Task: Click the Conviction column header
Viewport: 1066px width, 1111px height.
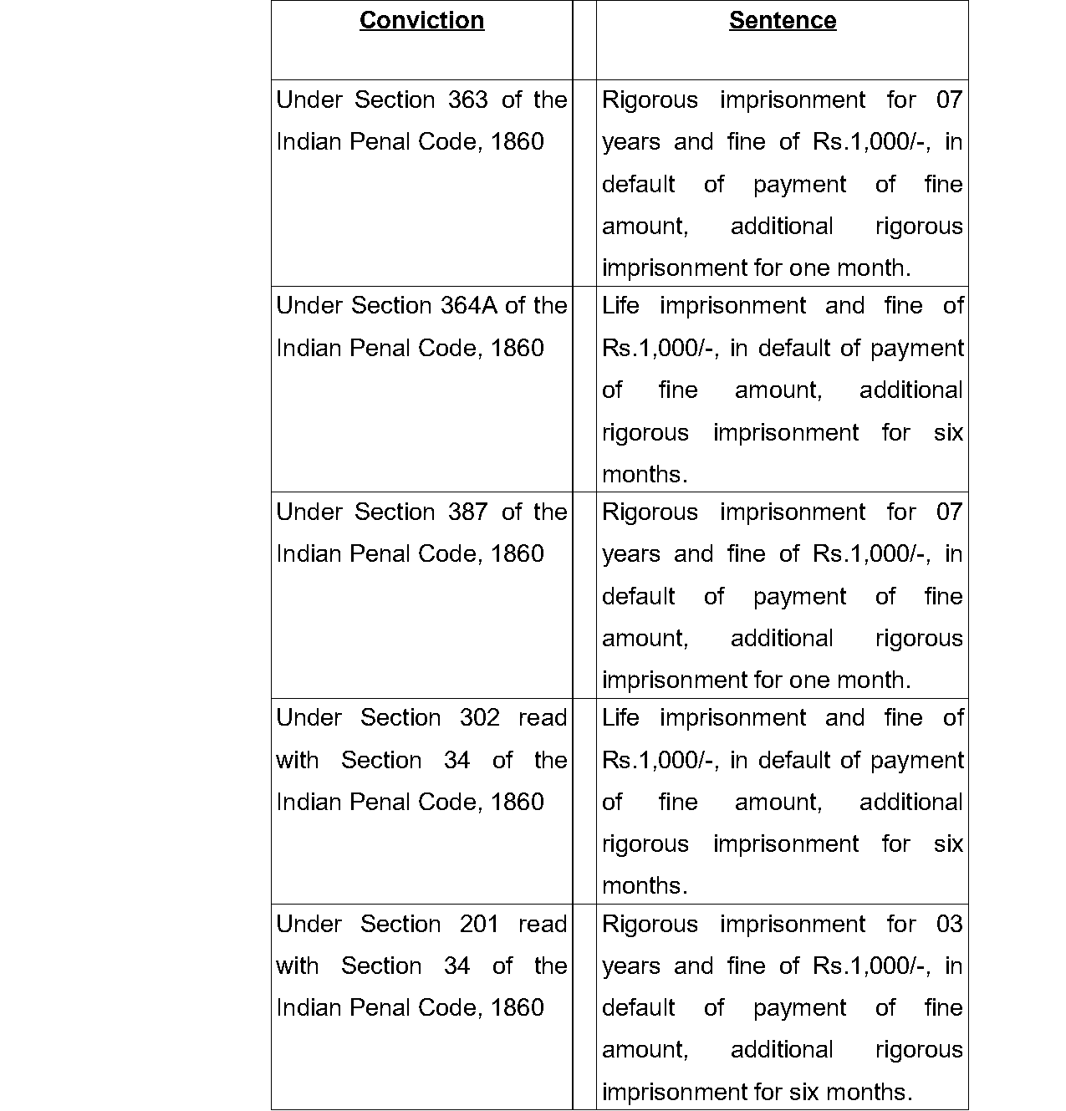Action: [x=421, y=21]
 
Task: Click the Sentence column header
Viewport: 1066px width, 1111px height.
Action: [x=782, y=21]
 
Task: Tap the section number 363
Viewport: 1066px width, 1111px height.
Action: [x=467, y=100]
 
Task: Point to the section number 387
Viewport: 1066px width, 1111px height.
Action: [x=467, y=512]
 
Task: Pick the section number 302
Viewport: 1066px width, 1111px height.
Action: [x=479, y=718]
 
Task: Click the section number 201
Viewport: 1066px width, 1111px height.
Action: [x=479, y=925]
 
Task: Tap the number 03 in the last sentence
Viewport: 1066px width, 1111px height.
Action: [x=949, y=925]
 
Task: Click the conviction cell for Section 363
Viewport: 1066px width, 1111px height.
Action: [x=421, y=182]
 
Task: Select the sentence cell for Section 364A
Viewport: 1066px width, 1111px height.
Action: [x=782, y=389]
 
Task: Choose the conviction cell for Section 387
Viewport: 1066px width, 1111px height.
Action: [x=421, y=594]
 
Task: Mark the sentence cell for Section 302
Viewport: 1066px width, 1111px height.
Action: [x=782, y=801]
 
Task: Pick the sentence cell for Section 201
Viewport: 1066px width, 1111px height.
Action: [x=782, y=1007]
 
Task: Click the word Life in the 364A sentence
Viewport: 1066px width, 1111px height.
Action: [x=620, y=306]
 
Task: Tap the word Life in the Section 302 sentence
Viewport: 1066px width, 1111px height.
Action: [x=620, y=718]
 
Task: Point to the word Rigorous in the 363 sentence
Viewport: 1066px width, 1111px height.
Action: [x=650, y=100]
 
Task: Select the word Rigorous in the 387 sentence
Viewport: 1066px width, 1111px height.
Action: [x=650, y=512]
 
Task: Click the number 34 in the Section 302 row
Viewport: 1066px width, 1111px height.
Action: [x=456, y=760]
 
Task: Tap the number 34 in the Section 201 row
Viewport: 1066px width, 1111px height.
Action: [x=456, y=966]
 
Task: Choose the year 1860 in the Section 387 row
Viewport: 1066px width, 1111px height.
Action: [x=518, y=554]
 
